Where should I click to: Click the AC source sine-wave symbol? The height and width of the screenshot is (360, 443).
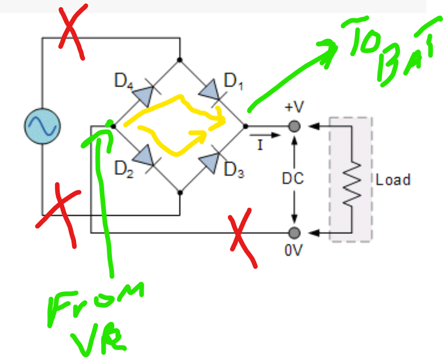click(x=43, y=126)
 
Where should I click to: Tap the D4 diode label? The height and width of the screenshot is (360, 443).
click(x=123, y=81)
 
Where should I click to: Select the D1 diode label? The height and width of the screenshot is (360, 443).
click(x=233, y=81)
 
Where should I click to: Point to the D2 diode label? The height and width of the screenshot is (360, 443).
click(x=123, y=169)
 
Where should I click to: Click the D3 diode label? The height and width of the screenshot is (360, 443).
click(x=234, y=169)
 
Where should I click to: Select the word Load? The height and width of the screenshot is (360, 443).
click(x=393, y=180)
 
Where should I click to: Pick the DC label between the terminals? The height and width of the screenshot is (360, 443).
click(x=293, y=179)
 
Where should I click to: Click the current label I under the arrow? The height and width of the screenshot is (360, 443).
click(x=260, y=145)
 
